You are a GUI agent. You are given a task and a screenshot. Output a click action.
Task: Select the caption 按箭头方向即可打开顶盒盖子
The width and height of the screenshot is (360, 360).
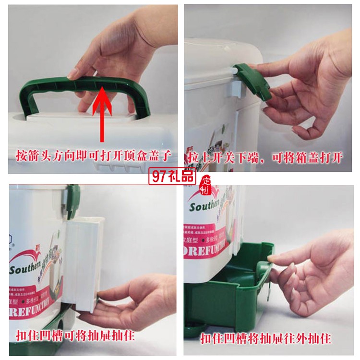tap(94, 156)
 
